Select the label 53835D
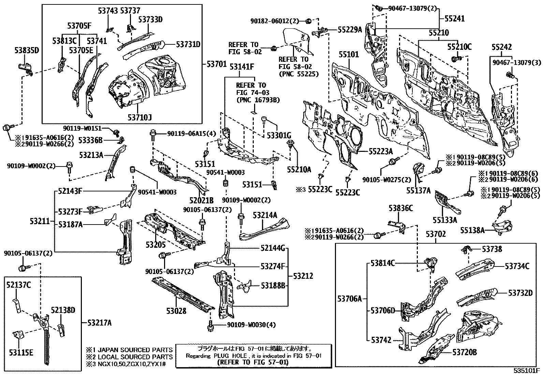pos(27,51)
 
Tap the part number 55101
pos(349,55)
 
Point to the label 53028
pos(176,311)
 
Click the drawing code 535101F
pos(527,371)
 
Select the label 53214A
pos(265,215)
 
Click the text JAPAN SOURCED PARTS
pos(135,350)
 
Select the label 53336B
pos(90,140)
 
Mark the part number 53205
pos(156,245)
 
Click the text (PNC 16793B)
pos(258,100)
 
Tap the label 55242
pos(501,47)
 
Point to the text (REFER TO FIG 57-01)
pos(253,362)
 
